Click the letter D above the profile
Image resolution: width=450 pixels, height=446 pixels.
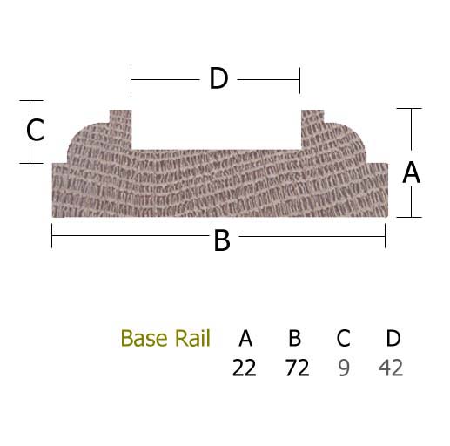(x=218, y=78)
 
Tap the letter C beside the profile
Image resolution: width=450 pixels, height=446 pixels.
(x=35, y=130)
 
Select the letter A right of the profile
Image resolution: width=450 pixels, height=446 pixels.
(x=411, y=172)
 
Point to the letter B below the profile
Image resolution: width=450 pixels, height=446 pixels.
(x=222, y=240)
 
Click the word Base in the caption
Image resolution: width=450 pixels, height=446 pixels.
(x=144, y=338)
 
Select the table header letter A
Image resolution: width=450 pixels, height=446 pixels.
(x=245, y=338)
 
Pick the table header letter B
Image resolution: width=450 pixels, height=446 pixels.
(x=294, y=338)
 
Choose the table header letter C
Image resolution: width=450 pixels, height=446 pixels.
(x=343, y=338)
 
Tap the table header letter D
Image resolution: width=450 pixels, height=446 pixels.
(x=393, y=338)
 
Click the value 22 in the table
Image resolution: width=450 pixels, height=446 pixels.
(x=245, y=368)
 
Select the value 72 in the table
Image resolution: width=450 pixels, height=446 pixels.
(x=298, y=368)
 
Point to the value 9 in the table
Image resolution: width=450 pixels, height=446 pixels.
(x=344, y=368)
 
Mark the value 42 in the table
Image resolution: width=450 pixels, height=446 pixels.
(x=391, y=368)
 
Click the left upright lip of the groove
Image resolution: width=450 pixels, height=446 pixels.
(x=120, y=130)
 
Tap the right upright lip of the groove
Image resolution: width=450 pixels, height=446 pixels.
(x=312, y=130)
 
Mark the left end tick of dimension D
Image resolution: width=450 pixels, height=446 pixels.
(x=131, y=80)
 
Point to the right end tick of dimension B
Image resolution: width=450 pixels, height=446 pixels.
(x=385, y=236)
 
